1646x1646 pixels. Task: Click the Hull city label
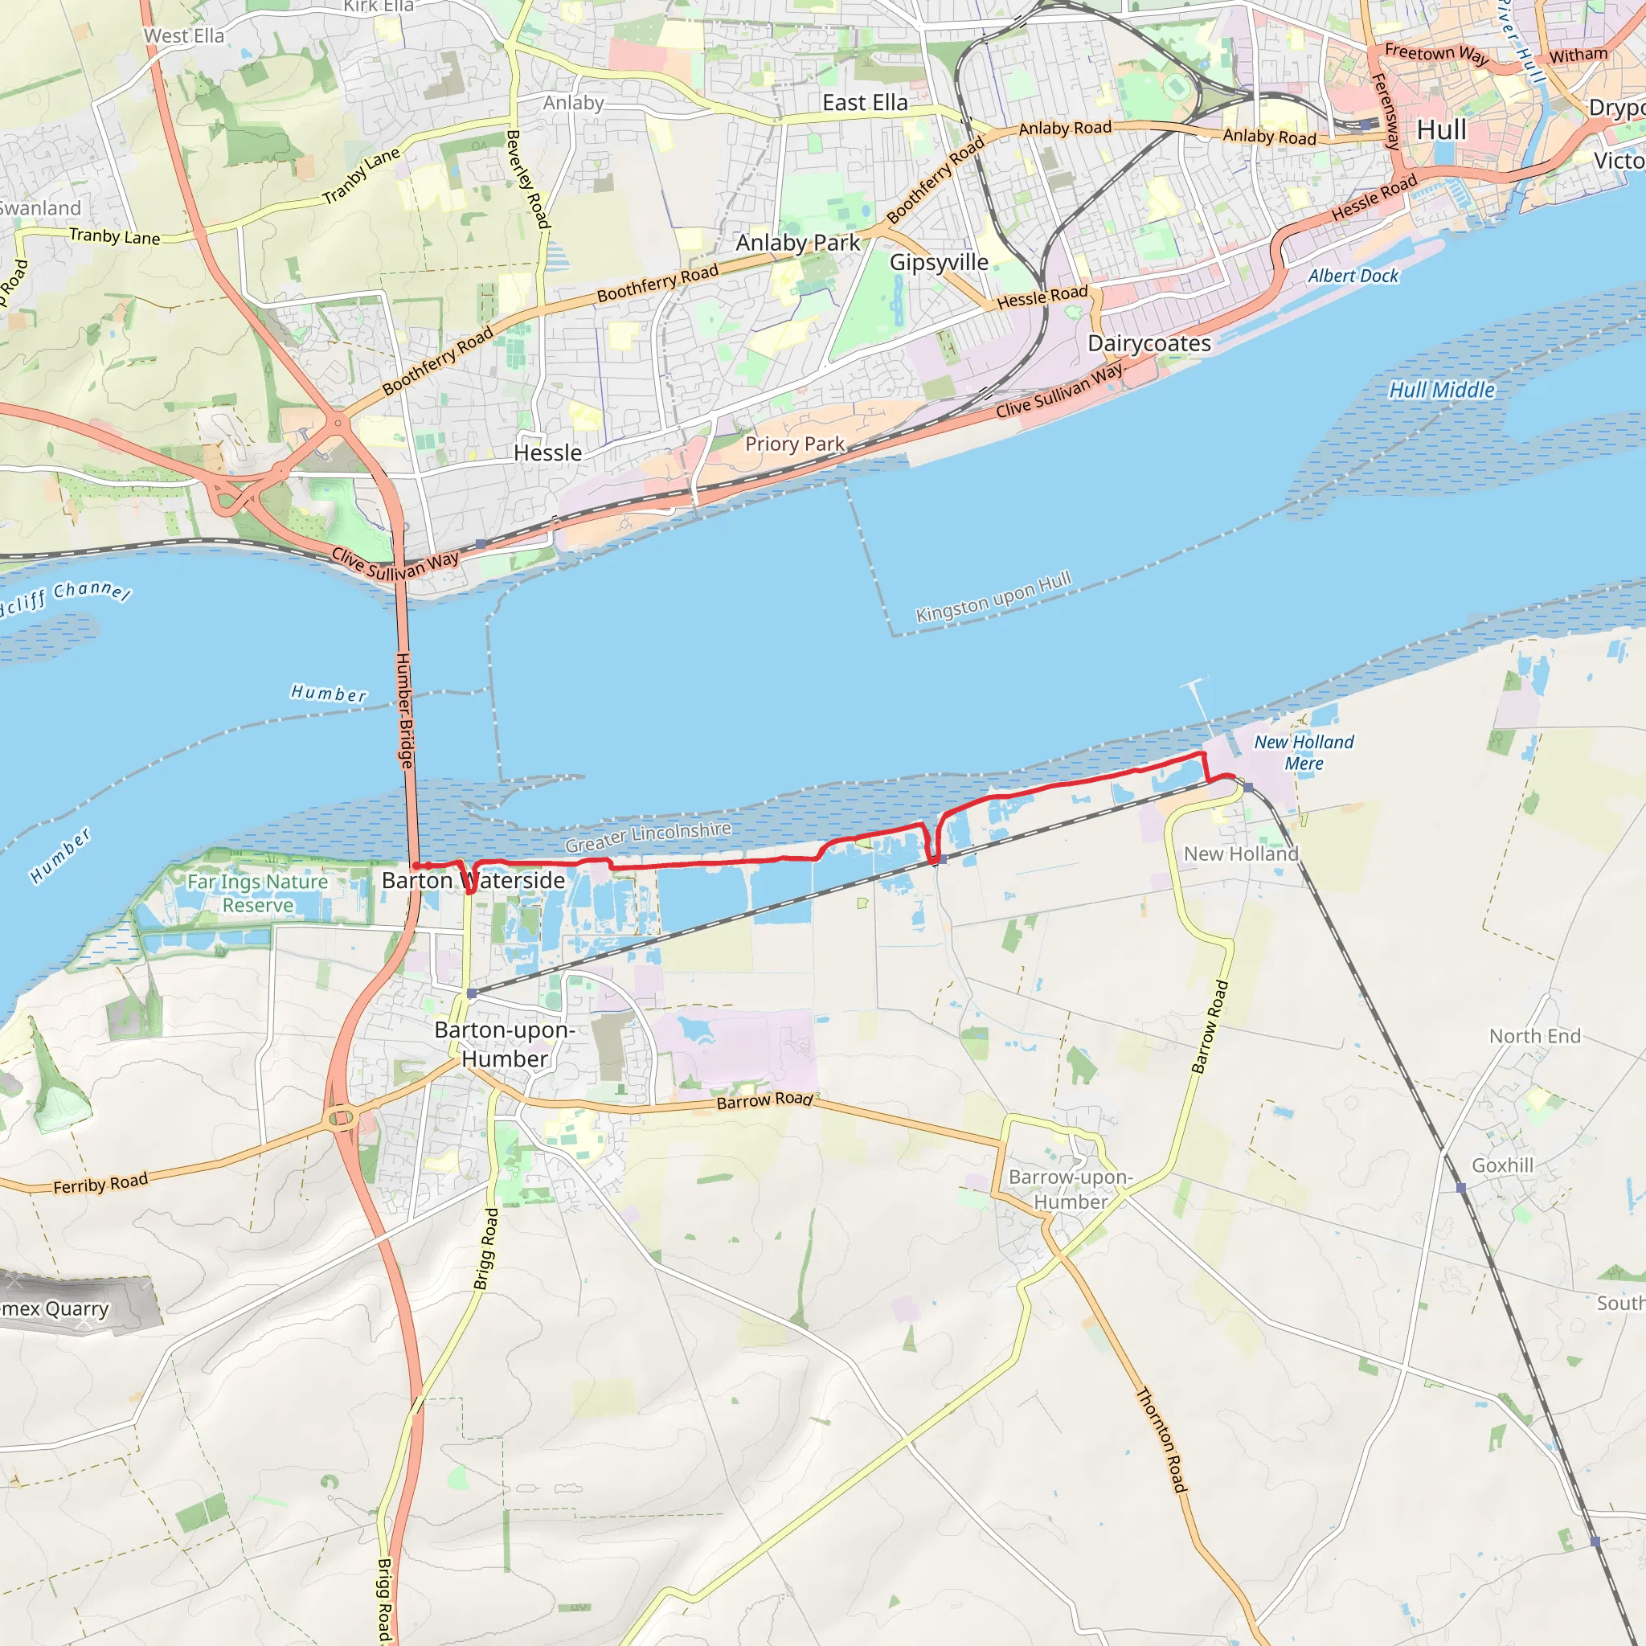(1442, 130)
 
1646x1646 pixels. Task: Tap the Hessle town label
(548, 453)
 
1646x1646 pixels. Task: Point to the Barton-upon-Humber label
(506, 1044)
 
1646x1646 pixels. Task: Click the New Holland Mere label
(1304, 752)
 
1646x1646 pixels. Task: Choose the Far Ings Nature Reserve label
(257, 893)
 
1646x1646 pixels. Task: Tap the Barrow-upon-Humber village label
(1070, 1189)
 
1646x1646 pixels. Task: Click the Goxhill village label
(1502, 1165)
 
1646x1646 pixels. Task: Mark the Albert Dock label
(1353, 276)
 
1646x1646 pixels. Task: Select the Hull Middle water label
(1442, 390)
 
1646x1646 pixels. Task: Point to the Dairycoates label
(1149, 343)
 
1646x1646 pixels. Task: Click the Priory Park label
(795, 444)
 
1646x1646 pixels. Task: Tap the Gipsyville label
(939, 262)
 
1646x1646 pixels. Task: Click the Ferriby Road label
(100, 1183)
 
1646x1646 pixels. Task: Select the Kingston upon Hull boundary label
(993, 597)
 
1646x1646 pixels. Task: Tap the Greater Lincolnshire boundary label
(649, 837)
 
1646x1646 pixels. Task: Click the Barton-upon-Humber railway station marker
(472, 993)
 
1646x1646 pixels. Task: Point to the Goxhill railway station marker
(1461, 1188)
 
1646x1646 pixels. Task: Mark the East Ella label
(865, 103)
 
